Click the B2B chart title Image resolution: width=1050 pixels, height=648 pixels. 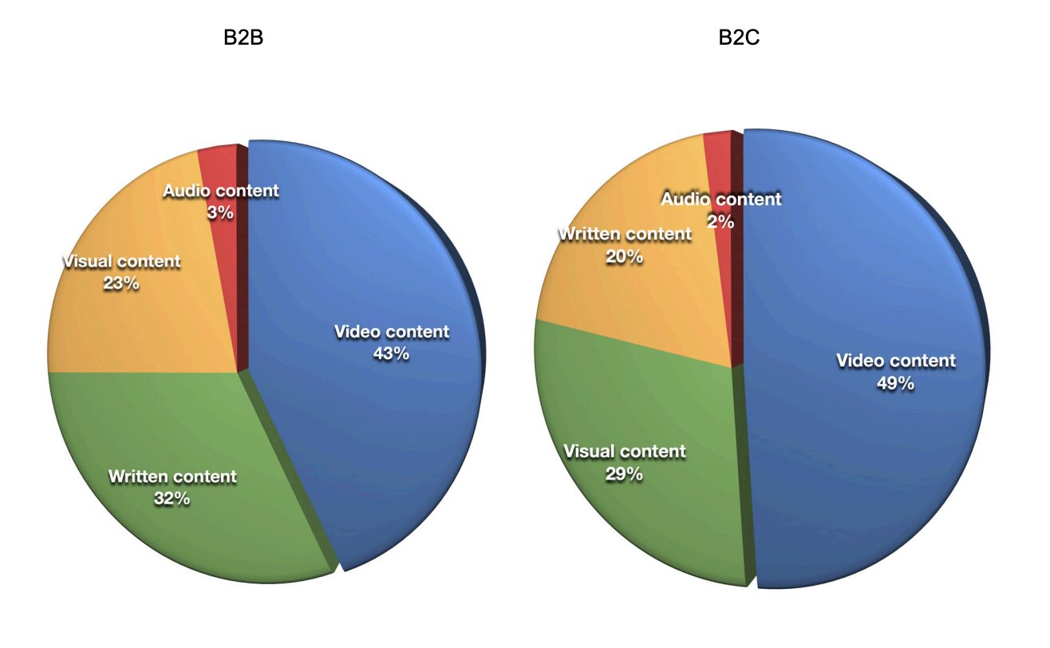(243, 38)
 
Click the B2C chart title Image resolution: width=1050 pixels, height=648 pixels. (739, 38)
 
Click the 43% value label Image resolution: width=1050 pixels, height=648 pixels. (391, 354)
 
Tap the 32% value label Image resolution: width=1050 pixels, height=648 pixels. (172, 499)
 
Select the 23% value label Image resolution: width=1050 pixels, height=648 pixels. (121, 283)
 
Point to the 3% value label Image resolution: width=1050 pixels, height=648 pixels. (220, 212)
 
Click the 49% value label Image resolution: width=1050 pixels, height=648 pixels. (895, 383)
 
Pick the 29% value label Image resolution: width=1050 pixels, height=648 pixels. (624, 474)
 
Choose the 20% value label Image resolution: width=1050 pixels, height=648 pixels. (624, 257)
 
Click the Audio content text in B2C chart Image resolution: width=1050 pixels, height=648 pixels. (720, 200)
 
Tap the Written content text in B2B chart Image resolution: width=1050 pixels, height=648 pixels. (172, 476)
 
